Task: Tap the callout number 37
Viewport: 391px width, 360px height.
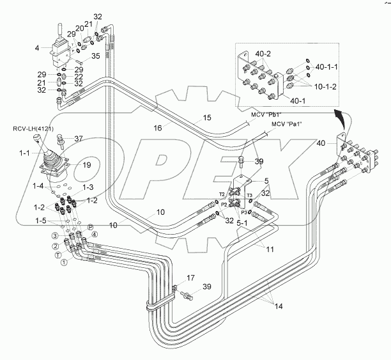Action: coord(79,138)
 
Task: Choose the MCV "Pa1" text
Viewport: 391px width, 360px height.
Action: coord(286,123)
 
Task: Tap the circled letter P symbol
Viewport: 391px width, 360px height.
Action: coord(91,228)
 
